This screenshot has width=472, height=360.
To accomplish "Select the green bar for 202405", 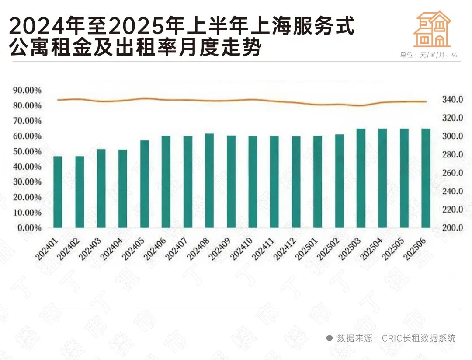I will click(144, 184).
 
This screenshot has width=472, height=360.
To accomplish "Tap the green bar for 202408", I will click(209, 180).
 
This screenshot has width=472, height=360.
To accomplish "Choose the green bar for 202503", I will click(361, 178).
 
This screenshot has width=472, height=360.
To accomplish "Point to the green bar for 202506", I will click(426, 178).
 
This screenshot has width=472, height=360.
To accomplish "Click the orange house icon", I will click(432, 29).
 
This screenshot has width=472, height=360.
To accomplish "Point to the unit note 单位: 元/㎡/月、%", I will click(428, 55).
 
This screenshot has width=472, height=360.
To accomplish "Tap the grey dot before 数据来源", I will click(330, 338).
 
